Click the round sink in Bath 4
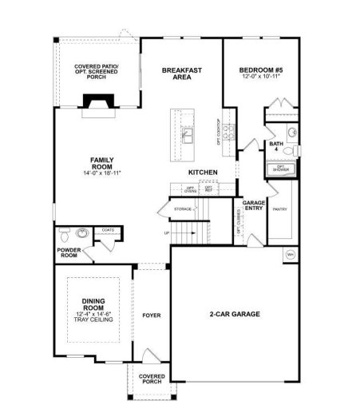point(292,132)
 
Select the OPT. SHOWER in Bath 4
point(281,169)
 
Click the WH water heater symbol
point(290,256)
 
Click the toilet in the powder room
point(82,235)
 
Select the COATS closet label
point(108,231)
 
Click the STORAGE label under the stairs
point(182,209)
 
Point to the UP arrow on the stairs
point(167,234)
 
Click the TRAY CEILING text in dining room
point(93,320)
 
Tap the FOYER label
point(150,315)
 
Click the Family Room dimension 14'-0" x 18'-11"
point(100,173)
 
